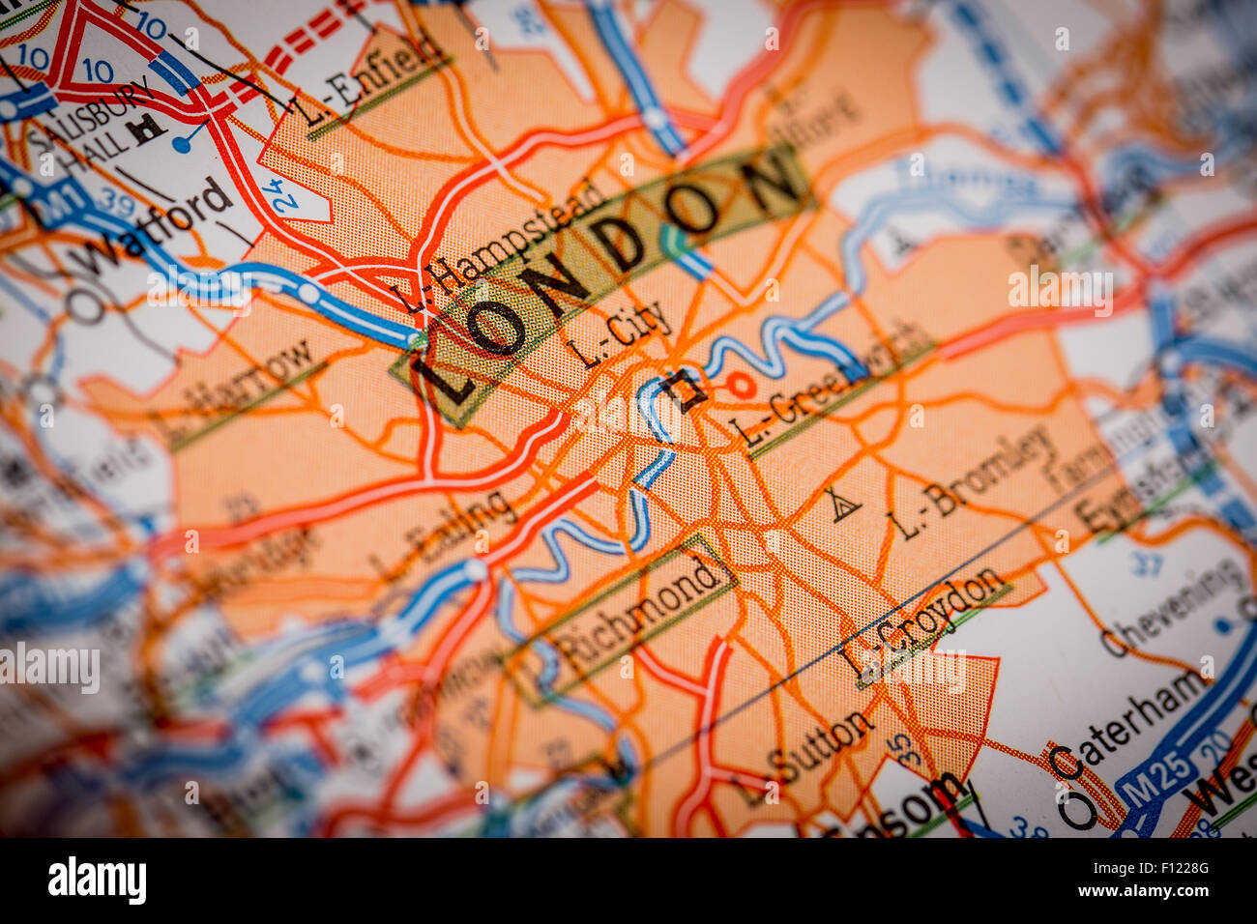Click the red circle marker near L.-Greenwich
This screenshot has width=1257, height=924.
click(x=741, y=386)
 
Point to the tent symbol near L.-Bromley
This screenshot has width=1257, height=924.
click(x=841, y=505)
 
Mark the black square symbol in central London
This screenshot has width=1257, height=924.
click(x=687, y=390)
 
